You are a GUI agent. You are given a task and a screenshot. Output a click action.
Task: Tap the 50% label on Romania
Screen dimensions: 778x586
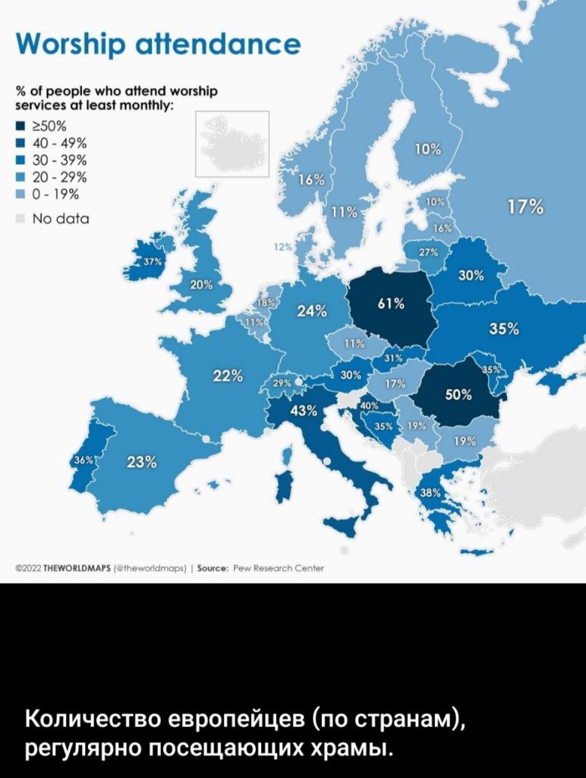click(458, 394)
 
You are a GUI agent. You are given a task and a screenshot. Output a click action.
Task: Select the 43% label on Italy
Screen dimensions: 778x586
click(304, 411)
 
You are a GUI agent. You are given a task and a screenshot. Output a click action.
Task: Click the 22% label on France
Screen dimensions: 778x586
click(228, 375)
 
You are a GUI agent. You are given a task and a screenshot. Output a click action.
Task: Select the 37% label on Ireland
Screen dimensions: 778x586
click(150, 262)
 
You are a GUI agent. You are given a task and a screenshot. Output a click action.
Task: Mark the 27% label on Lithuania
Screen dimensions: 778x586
click(427, 253)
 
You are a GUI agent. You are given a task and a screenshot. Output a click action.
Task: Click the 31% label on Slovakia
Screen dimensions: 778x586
click(393, 358)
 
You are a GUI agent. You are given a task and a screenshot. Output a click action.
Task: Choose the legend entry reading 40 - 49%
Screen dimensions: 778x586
click(65, 144)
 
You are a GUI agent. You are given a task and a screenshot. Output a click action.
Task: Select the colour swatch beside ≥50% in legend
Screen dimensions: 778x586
click(20, 127)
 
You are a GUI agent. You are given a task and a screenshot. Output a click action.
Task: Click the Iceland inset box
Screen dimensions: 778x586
click(232, 144)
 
